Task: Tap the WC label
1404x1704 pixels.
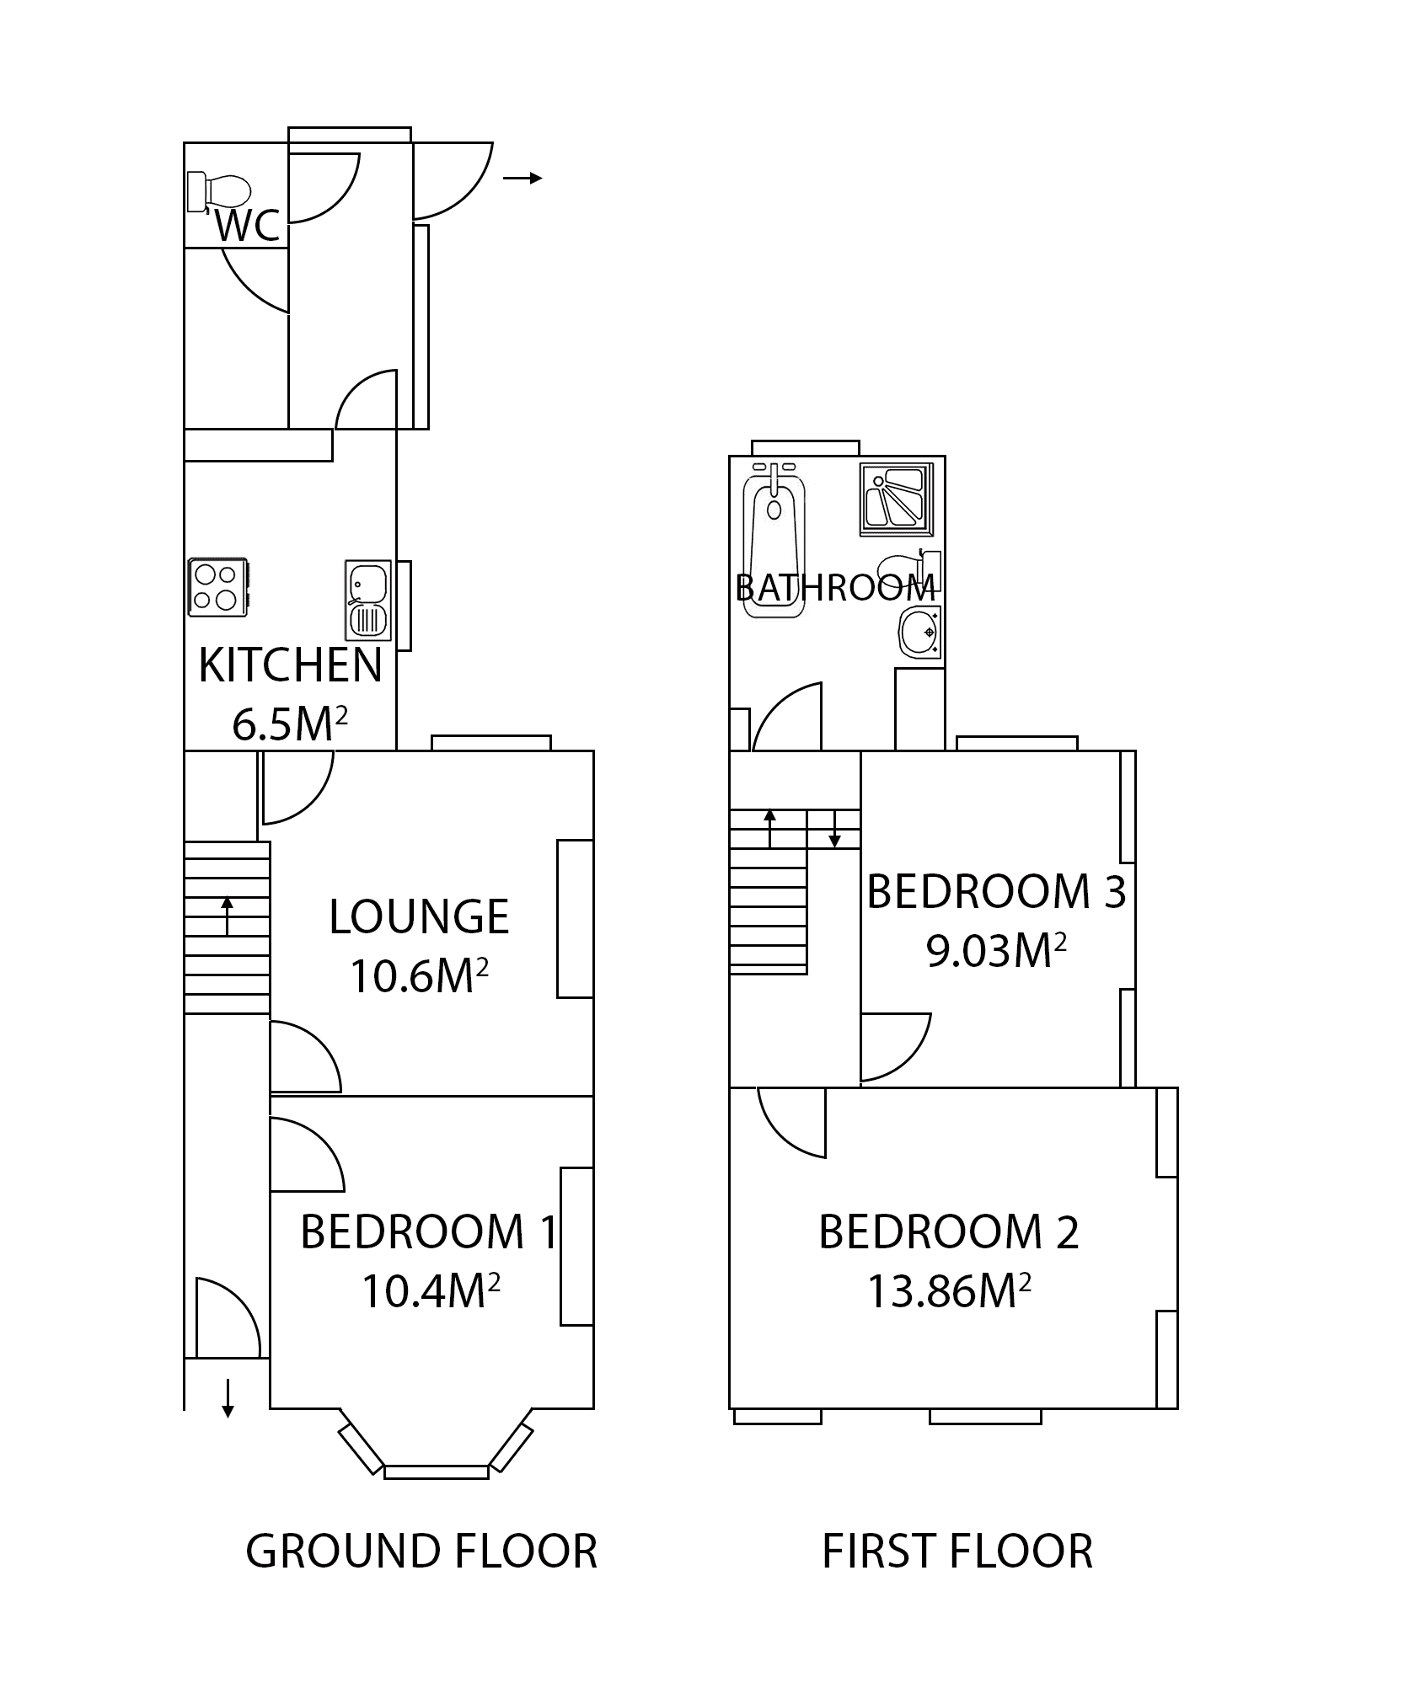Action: [x=247, y=227]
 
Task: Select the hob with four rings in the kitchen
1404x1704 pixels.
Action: [x=217, y=586]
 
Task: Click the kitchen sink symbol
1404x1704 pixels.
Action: [x=367, y=600]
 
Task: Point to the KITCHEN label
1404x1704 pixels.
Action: [x=290, y=666]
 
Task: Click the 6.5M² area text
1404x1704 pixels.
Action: [x=290, y=724]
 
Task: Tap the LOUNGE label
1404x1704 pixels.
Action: [x=419, y=917]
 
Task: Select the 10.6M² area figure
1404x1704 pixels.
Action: [x=419, y=976]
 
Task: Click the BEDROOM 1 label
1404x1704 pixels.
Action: [x=428, y=1231]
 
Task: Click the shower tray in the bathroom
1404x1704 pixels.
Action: [x=897, y=499]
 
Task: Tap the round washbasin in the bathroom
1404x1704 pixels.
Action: [x=921, y=632]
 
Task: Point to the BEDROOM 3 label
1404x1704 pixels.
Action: [x=996, y=892]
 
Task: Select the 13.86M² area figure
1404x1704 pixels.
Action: [x=950, y=1290]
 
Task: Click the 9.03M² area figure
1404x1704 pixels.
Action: [x=996, y=952]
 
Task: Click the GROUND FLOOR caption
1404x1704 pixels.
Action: [x=421, y=1551]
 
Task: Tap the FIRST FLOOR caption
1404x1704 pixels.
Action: [x=957, y=1551]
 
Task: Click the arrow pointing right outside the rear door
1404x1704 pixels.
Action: [x=522, y=178]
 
